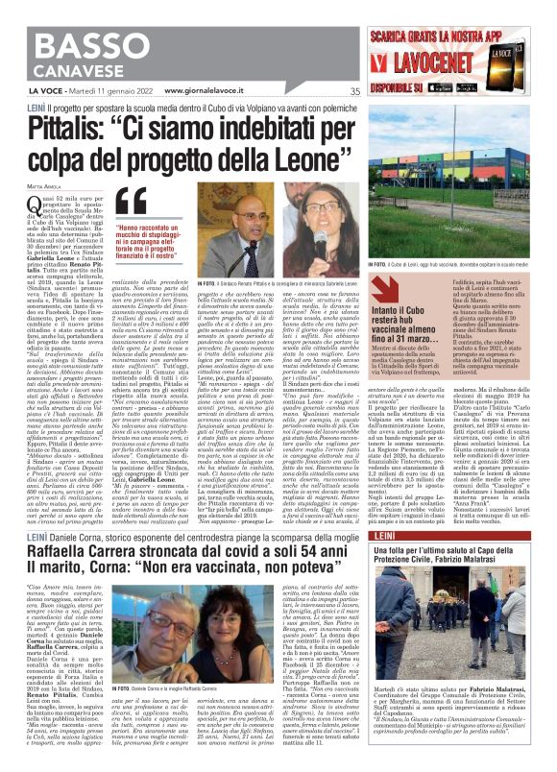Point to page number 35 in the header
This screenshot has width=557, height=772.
click(x=355, y=92)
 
